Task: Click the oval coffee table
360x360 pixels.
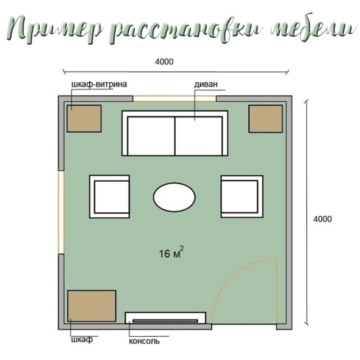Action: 175,197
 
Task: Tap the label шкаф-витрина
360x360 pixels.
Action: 99,84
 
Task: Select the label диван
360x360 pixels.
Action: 206,84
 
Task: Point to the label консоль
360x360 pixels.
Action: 144,341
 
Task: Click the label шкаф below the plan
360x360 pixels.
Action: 82,339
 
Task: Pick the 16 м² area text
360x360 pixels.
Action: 171,253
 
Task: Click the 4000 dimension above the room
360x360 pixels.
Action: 164,62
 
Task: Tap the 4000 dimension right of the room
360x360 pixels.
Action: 322,219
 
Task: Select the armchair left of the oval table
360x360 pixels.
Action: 109,196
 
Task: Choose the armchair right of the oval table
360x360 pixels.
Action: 242,196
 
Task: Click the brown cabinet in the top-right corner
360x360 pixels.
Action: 265,119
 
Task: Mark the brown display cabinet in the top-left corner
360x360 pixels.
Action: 84,119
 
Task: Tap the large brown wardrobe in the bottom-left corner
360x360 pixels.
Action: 92,306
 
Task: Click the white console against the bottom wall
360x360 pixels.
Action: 165,318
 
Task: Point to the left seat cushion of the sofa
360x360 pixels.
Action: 151,136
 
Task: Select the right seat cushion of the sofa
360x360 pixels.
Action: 199,136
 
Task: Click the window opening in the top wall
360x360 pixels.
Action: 175,99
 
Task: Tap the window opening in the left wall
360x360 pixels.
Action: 61,212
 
